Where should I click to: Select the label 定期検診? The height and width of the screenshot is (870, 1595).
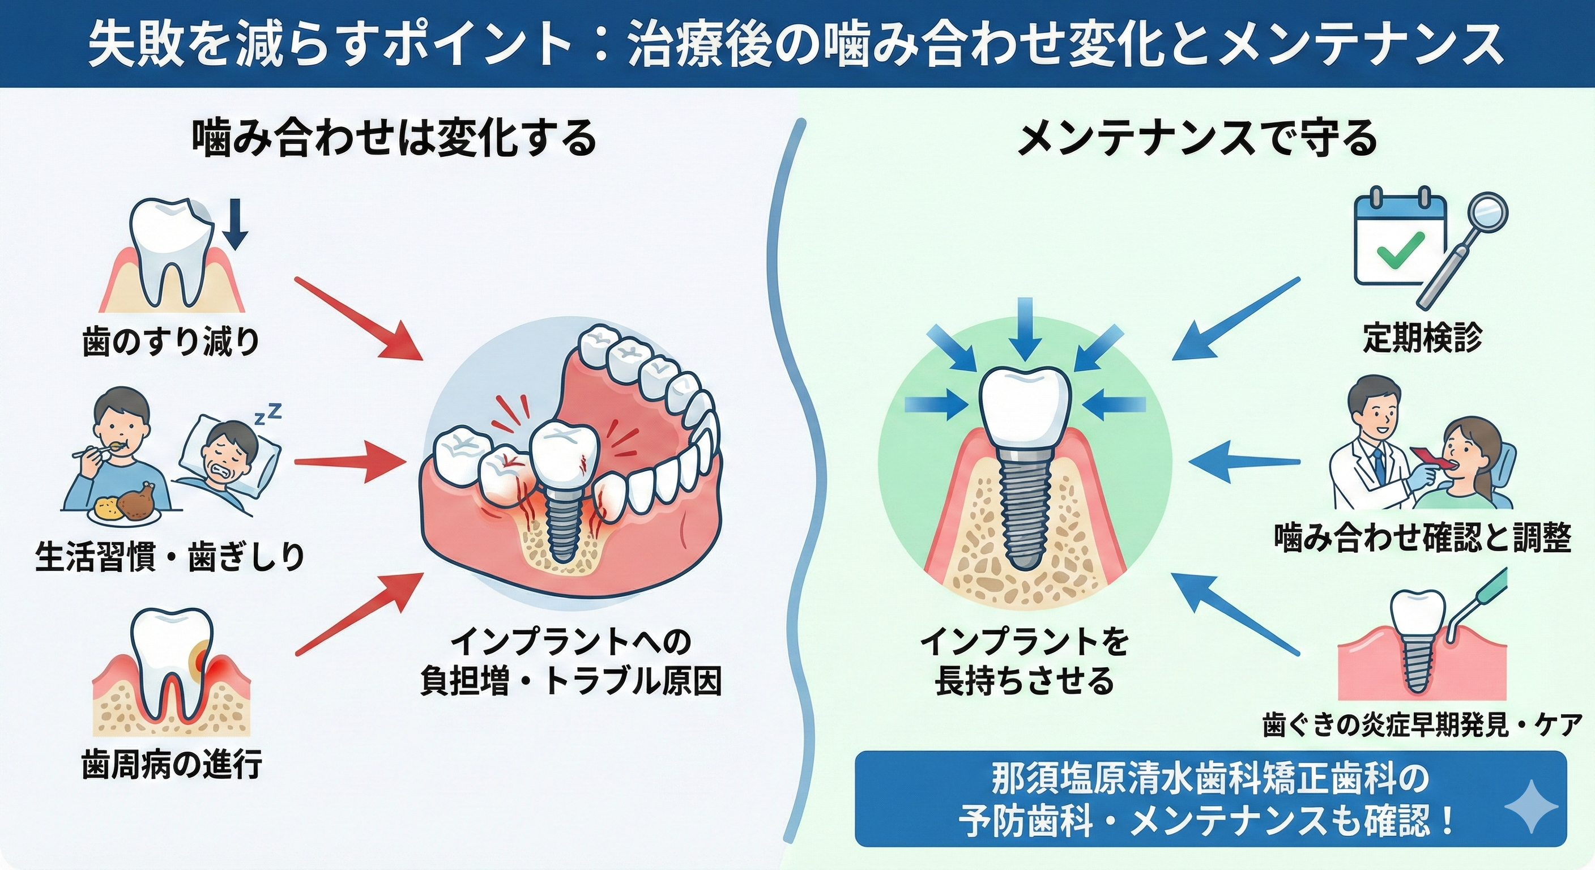point(1422,338)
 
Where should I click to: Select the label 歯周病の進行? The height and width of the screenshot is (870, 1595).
point(172,764)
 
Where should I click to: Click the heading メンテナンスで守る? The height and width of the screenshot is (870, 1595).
point(1197,140)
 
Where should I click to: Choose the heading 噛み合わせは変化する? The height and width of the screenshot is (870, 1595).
point(394,140)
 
